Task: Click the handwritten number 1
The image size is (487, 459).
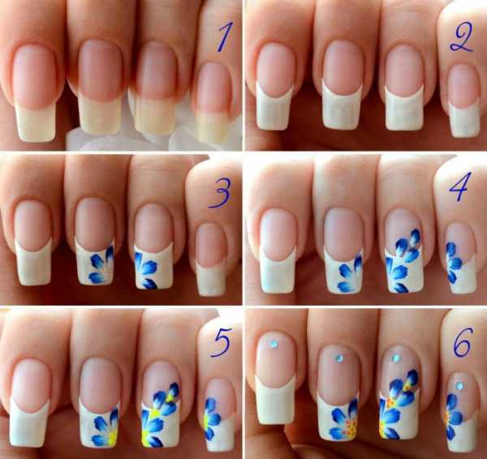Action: coord(225,36)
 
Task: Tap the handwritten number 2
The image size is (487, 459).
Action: coord(462,38)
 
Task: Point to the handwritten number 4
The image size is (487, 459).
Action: coord(460,187)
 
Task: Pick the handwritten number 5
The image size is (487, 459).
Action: coord(221,342)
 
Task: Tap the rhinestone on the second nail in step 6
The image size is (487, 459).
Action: coord(338,358)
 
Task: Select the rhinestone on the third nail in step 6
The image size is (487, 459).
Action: coord(396,358)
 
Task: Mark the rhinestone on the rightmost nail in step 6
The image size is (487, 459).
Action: coord(459,386)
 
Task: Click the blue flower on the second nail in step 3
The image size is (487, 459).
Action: coord(101,265)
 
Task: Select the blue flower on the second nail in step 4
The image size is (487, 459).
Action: coord(350,273)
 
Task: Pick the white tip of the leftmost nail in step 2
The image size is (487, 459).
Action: coord(274,107)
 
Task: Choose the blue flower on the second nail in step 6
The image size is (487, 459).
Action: coord(344,420)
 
